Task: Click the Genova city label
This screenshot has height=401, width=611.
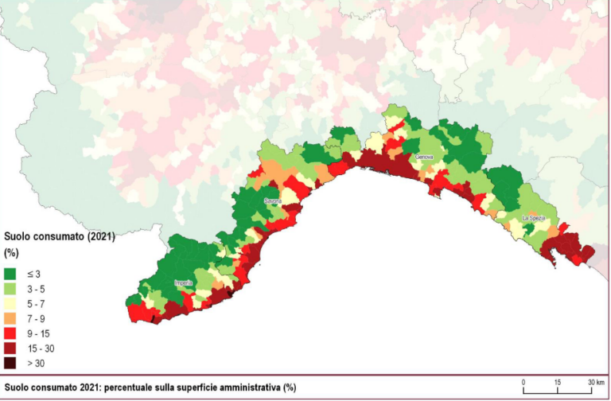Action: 424,157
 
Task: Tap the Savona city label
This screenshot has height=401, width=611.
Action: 272,200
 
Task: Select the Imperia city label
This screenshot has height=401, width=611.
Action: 184,282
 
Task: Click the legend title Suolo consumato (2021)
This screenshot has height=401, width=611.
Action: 60,236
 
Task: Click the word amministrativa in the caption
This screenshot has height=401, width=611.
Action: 251,387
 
